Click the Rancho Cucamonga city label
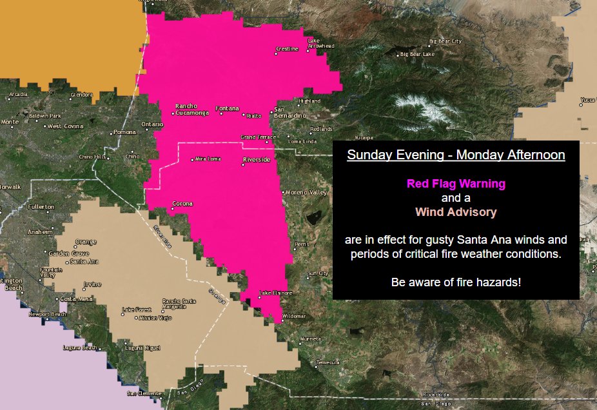191,110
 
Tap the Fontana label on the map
227,108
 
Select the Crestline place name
288,49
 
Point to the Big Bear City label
446,41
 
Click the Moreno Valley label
307,192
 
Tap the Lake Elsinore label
276,293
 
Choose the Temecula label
328,363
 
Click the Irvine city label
92,284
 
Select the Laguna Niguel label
142,347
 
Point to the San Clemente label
142,393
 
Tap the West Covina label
66,126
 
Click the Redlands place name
339,129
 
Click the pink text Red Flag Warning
456,184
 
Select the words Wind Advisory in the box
456,211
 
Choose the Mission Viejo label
157,318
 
